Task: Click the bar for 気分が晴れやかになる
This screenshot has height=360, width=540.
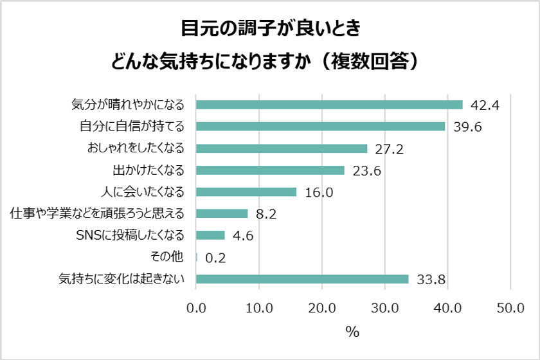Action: (329, 105)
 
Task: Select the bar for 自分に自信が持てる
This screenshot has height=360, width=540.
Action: (320, 127)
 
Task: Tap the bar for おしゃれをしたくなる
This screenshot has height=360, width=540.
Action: (282, 148)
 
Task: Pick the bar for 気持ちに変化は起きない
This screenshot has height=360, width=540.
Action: (302, 279)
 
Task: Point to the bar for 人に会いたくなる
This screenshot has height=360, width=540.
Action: (246, 192)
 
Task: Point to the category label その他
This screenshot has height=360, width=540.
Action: (167, 257)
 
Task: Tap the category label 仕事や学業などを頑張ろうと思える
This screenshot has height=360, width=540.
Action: (98, 213)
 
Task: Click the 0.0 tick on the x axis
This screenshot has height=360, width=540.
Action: (196, 309)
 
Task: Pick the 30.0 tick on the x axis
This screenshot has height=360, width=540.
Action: (384, 309)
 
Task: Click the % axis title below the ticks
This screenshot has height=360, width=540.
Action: (352, 332)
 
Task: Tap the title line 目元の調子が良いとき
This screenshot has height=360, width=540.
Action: (269, 30)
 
